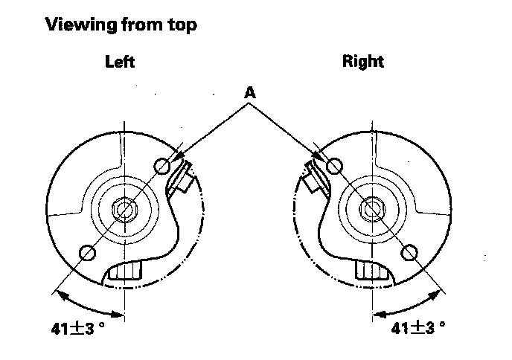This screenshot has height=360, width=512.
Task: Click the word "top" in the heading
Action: [x=181, y=25]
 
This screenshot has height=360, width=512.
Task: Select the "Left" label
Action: [x=120, y=62]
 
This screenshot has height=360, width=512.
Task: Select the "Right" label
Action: [x=362, y=62]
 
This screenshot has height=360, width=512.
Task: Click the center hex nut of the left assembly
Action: [x=123, y=210]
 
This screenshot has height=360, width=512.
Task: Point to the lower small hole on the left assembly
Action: [x=86, y=252]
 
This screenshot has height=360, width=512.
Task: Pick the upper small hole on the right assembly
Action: [x=334, y=165]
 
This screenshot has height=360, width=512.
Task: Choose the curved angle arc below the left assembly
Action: [x=88, y=302]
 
